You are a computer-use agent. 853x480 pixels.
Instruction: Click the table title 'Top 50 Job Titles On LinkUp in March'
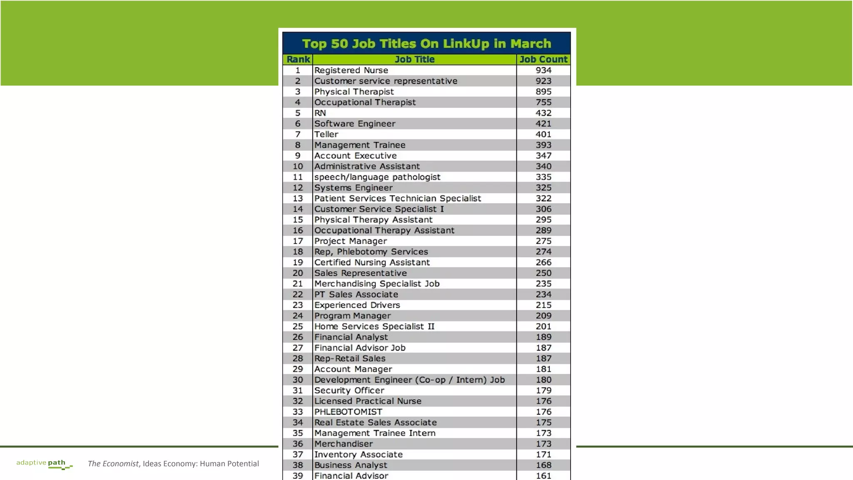pyautogui.click(x=426, y=44)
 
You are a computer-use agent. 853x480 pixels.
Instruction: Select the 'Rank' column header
pyautogui.click(x=298, y=60)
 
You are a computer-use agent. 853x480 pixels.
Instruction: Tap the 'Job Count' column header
pyautogui.click(x=543, y=60)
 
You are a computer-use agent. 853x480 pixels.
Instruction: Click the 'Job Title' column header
pyautogui.click(x=414, y=60)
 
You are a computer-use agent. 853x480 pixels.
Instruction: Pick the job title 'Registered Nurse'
pyautogui.click(x=351, y=70)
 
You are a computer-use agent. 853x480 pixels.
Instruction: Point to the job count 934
pyautogui.click(x=543, y=70)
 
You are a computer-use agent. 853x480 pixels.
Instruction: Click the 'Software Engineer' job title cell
pyautogui.click(x=354, y=124)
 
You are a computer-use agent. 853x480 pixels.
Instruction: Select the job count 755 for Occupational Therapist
pyautogui.click(x=543, y=102)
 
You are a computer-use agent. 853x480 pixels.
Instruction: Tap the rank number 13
pyautogui.click(x=298, y=199)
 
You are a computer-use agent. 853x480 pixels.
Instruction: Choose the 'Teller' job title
pyautogui.click(x=326, y=134)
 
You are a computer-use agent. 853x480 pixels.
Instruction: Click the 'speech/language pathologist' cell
pyautogui.click(x=377, y=177)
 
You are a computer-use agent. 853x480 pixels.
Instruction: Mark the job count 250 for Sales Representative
pyautogui.click(x=543, y=273)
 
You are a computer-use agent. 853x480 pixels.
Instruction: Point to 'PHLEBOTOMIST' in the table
pyautogui.click(x=348, y=412)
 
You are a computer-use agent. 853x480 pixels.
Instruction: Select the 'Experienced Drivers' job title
pyautogui.click(x=357, y=305)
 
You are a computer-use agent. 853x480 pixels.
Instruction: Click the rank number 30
pyautogui.click(x=298, y=380)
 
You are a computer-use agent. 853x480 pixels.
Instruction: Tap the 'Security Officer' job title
pyautogui.click(x=349, y=390)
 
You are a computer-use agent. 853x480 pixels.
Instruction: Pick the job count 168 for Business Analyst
pyautogui.click(x=543, y=465)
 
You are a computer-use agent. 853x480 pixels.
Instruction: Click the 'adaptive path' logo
pyautogui.click(x=44, y=464)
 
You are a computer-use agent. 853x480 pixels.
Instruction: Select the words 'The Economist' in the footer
pyautogui.click(x=113, y=464)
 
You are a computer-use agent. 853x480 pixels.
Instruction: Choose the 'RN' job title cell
pyautogui.click(x=320, y=113)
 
